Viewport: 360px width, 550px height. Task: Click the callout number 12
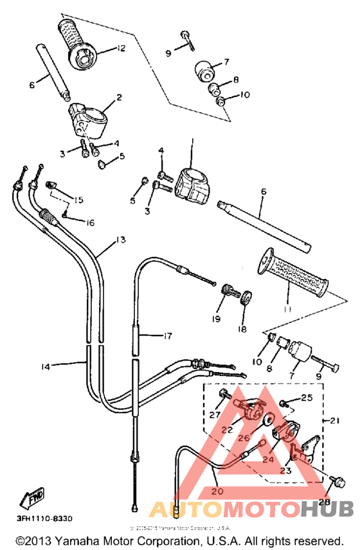(120, 48)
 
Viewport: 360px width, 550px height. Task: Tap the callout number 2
(119, 98)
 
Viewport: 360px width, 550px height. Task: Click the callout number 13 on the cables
(120, 239)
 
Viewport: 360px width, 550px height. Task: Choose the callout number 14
(45, 366)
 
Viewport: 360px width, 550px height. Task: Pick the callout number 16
(89, 223)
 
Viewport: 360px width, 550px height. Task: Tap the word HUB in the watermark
(328, 509)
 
